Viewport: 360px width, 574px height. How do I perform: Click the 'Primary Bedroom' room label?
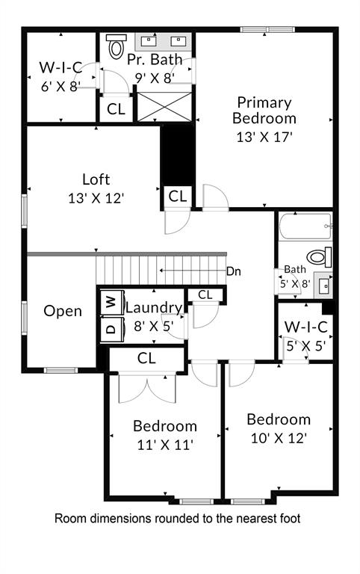click(264, 110)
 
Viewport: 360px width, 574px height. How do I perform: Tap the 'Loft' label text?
click(96, 179)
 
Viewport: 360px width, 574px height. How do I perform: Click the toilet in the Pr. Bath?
click(116, 49)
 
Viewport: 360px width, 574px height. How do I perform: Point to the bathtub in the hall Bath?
click(304, 226)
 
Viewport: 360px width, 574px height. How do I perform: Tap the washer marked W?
click(111, 302)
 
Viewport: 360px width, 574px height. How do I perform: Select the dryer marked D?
click(111, 327)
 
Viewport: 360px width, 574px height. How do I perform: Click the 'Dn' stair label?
click(234, 271)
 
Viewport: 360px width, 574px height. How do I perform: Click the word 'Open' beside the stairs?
click(63, 311)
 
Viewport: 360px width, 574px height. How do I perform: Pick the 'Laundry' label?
click(153, 307)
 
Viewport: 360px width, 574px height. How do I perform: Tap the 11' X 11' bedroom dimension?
click(164, 445)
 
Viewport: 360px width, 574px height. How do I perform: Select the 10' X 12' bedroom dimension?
click(278, 437)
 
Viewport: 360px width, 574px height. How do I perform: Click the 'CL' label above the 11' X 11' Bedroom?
click(146, 359)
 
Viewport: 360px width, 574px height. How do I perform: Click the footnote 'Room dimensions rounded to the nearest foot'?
click(178, 518)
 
